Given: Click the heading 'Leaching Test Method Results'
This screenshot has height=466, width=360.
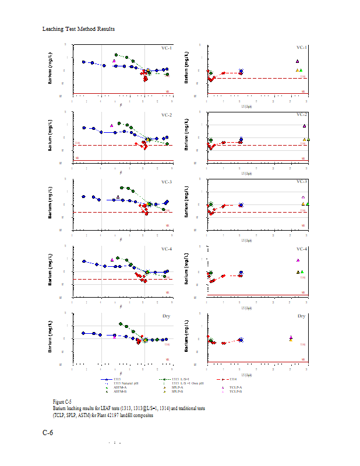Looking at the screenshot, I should coord(79,29).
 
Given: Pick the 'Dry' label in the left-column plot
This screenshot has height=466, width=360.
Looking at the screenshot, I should coord(168,316).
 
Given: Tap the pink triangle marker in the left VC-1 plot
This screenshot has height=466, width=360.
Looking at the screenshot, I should coord(114,61).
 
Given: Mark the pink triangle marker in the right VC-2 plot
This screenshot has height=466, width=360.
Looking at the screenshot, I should coord(304,126).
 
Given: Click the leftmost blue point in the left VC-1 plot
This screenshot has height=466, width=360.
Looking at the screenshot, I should coord(84,62).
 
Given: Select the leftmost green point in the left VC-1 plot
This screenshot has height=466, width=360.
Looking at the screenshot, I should coord(117,55).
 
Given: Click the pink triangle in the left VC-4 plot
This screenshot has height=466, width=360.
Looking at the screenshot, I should coord(112,260).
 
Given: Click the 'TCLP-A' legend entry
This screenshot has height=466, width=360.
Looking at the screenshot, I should coord(236,387).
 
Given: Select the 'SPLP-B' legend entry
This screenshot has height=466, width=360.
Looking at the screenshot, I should coord(177,391).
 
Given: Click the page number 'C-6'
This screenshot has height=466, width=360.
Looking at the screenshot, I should coord(48,433).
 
